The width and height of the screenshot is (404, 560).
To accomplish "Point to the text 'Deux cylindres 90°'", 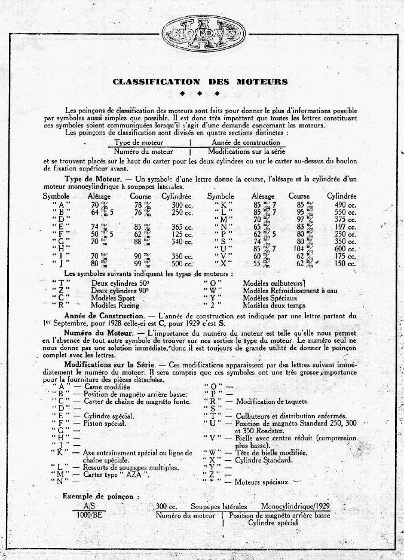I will [121, 290].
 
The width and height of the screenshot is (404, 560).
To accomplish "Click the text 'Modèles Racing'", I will [115, 305].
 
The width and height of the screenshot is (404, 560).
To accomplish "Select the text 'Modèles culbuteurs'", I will [274, 283].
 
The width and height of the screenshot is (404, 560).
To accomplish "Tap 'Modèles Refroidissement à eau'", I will [291, 290].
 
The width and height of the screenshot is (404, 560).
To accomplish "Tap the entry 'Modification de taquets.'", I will [273, 401].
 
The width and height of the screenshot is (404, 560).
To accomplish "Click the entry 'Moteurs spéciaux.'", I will [263, 482].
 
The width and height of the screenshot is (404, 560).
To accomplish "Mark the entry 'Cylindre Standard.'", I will [264, 459].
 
